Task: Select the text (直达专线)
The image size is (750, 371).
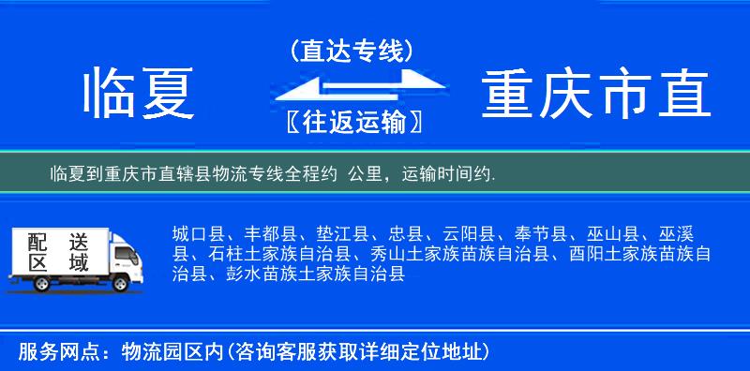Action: [352, 51]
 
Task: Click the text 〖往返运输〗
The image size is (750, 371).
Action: [351, 121]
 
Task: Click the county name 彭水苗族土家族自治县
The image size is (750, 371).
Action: [315, 274]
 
